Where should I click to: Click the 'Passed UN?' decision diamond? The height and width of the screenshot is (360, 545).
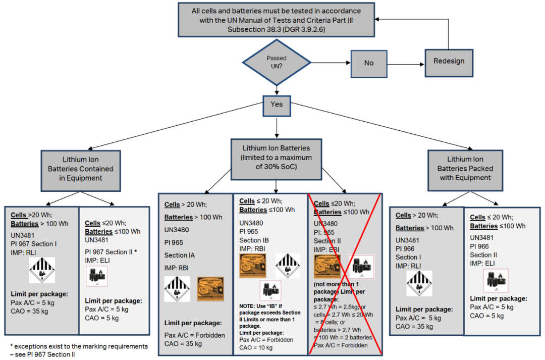pos(277,62)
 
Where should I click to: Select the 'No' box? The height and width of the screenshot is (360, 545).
pos(369,64)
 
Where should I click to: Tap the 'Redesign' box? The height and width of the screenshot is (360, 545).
pos(449,62)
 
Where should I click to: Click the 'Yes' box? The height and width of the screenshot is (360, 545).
pos(277,105)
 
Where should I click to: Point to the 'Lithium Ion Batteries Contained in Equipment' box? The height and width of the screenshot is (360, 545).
pos(81,169)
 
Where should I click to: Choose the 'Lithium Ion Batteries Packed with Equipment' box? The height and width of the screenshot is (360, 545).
pos(465,169)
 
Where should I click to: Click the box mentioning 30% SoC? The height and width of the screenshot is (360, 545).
pos(277,158)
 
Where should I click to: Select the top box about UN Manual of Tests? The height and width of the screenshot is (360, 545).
pos(276,19)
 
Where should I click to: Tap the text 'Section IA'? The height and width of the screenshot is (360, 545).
pos(179,255)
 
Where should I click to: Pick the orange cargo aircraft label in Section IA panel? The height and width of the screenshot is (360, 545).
pos(210,289)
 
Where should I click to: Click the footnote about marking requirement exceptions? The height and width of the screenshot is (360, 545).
pos(79,350)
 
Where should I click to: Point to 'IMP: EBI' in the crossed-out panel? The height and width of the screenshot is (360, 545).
pos(326,249)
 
